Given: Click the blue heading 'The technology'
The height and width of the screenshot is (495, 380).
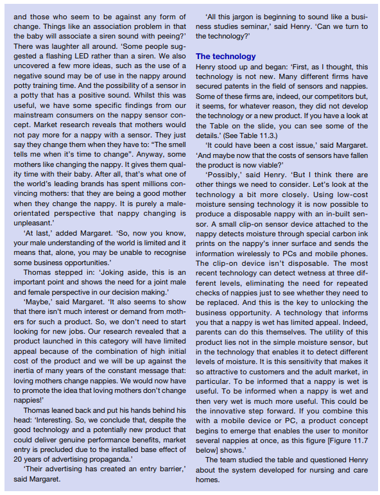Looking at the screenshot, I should (225, 56).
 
